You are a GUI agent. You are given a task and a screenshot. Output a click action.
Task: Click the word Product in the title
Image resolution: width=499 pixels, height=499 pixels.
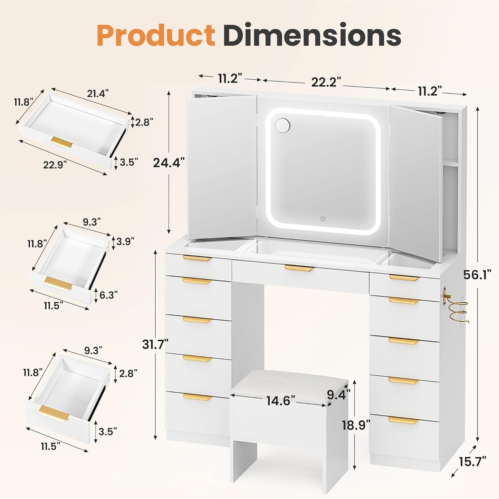click(x=156, y=36)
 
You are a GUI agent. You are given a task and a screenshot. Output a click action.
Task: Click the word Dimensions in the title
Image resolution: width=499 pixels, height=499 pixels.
click(x=312, y=35)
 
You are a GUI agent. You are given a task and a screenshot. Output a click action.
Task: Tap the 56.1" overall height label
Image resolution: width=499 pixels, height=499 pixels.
click(x=477, y=275)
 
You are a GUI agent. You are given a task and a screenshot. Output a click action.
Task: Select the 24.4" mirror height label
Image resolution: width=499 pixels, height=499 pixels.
click(x=169, y=163)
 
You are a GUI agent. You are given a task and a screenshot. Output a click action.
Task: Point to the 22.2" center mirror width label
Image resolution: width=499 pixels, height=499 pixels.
click(x=326, y=82)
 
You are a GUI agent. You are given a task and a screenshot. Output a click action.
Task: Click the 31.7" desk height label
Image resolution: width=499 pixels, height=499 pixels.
click(x=155, y=344)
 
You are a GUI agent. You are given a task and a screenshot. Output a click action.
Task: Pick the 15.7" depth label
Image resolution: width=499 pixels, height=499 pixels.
click(x=473, y=461)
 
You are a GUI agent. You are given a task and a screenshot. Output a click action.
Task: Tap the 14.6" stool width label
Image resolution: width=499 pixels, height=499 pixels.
click(x=281, y=401)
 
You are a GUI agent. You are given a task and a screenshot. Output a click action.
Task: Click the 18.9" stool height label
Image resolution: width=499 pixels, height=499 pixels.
click(x=356, y=425)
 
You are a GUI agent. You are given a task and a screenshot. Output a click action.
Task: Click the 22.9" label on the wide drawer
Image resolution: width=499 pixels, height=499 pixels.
click(x=55, y=164)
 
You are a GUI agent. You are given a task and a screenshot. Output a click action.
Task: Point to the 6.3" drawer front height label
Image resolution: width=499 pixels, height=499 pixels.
click(x=108, y=295)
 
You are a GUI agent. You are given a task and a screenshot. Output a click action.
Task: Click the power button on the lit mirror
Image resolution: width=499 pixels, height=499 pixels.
click(x=323, y=219)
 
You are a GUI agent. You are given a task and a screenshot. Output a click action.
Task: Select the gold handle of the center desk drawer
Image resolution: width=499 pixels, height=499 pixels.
click(x=299, y=268)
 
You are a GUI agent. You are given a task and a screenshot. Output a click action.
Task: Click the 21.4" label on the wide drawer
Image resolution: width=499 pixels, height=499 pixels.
click(x=98, y=94)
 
